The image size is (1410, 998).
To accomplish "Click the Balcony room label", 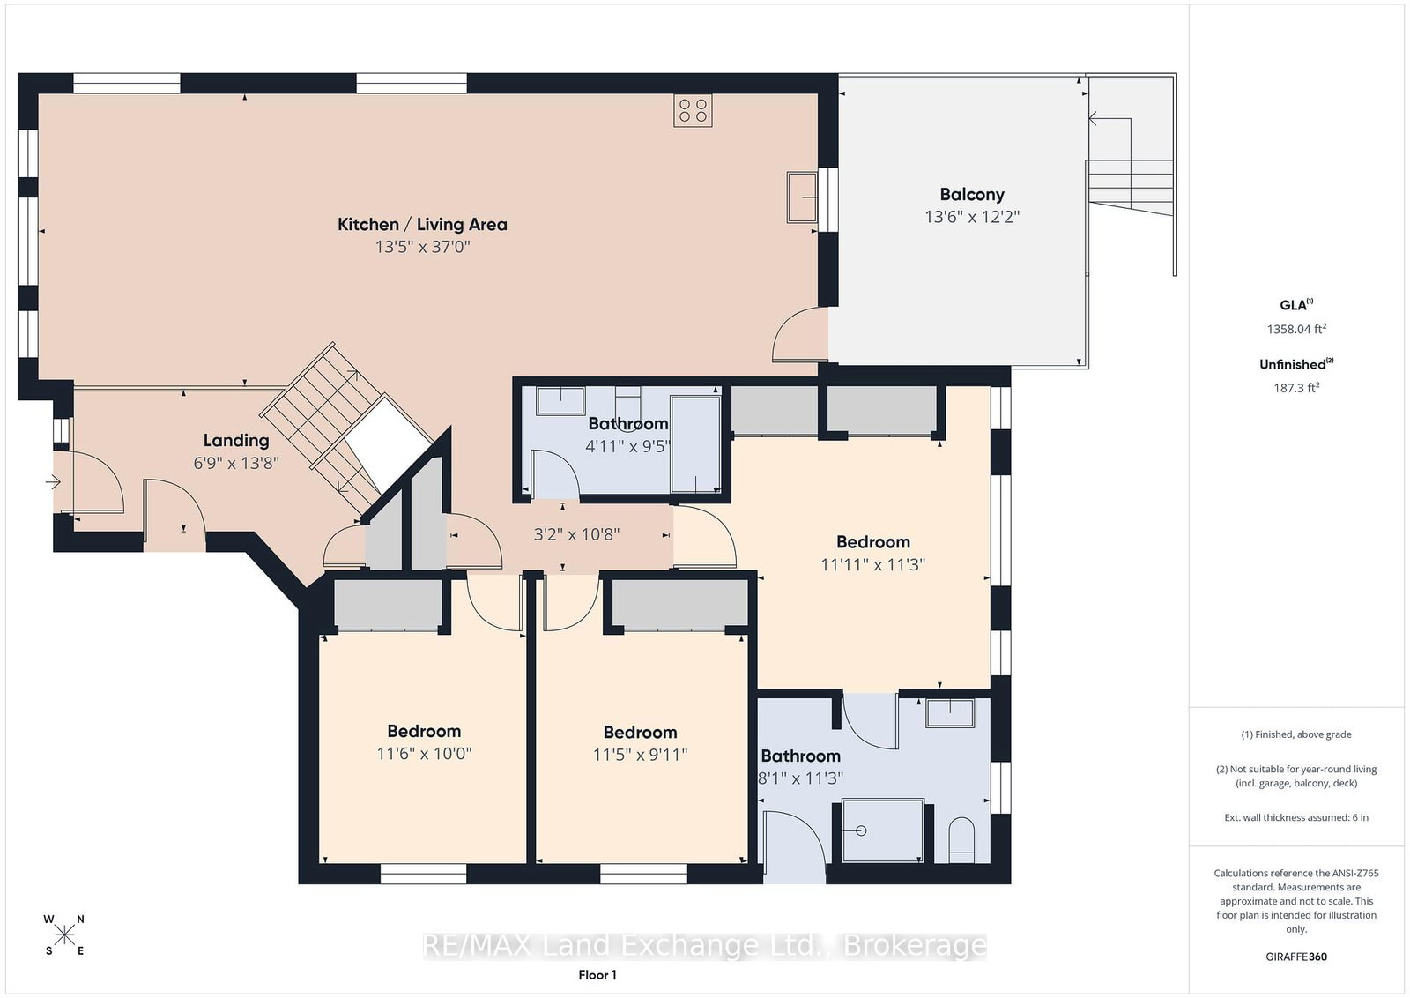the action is coord(972,195).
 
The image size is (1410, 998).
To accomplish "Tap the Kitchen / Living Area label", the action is coord(422,224).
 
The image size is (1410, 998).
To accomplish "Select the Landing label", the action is coord(236,441).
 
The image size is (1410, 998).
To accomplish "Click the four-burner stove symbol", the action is coord(693,111).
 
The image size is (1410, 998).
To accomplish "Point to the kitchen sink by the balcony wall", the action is coord(802,197).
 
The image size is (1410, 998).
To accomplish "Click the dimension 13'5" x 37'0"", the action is coord(423,247).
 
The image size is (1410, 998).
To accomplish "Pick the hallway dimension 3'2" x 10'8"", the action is coord(576,534).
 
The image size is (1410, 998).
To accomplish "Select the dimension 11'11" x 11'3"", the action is coord(873,565).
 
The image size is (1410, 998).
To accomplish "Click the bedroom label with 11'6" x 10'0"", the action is coord(424,731).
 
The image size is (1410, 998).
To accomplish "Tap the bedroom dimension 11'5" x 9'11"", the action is coord(640,755).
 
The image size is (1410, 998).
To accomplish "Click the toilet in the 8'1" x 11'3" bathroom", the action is coord(961,840).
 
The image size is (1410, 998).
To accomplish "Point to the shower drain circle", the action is coord(861,830).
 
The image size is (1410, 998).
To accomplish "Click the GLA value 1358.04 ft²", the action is coord(1296,329).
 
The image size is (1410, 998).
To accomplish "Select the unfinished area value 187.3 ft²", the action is coord(1296,388).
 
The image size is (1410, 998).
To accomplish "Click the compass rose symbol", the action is coord(64,935).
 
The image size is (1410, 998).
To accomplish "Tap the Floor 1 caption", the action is coord(597,975).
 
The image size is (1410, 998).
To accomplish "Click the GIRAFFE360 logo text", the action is coord(1296,957).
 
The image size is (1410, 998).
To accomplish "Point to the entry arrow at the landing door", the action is coord(53,483).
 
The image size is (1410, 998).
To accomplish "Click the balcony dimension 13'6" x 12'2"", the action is coord(972,217).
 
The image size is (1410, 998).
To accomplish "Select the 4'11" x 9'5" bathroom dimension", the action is coord(627,446).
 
